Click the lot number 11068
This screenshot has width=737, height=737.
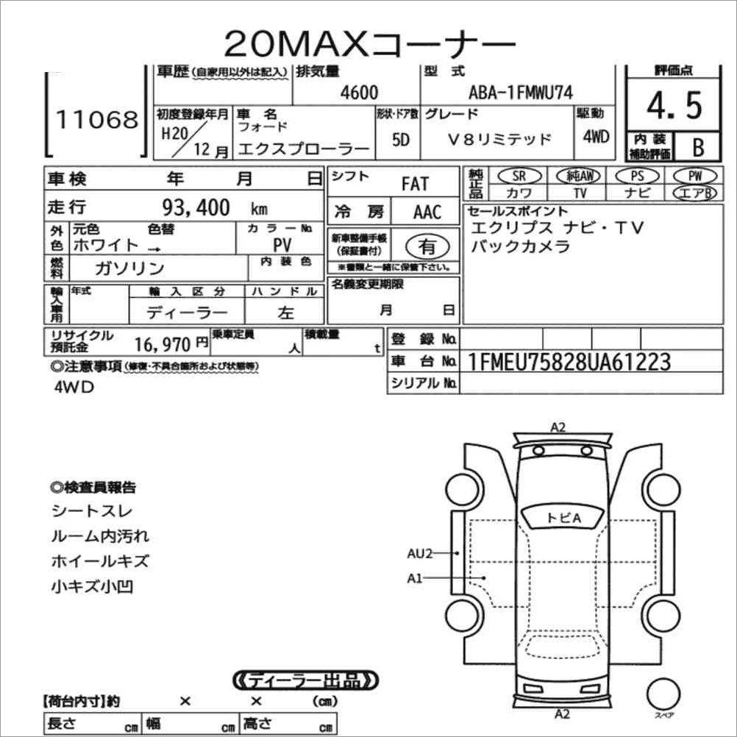click(98, 119)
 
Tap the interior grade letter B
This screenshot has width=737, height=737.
click(698, 147)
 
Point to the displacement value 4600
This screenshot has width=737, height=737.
click(360, 92)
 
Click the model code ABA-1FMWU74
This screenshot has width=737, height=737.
click(521, 92)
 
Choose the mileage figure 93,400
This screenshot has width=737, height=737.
click(196, 207)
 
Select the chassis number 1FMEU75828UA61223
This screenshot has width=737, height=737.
click(569, 361)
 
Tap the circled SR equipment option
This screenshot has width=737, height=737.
click(519, 177)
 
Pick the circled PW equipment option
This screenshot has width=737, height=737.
click(694, 177)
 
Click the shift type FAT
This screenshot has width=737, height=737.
click(415, 184)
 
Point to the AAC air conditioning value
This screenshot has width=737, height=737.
click(427, 213)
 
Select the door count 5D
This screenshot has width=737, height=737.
click(401, 140)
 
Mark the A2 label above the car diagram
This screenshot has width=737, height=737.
click(559, 427)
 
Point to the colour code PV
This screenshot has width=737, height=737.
click(280, 244)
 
